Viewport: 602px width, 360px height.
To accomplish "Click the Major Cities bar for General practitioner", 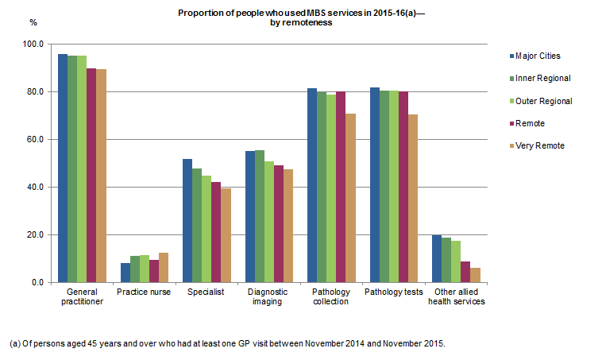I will point(62,168).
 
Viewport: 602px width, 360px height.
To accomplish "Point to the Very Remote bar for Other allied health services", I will point(475,275).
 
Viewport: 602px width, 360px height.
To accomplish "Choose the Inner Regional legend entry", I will point(542,78).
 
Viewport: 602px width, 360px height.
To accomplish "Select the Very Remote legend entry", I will point(539,145).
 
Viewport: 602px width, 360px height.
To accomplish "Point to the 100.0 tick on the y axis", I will point(34,45).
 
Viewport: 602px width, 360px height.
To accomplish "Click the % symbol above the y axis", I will point(33,21).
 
